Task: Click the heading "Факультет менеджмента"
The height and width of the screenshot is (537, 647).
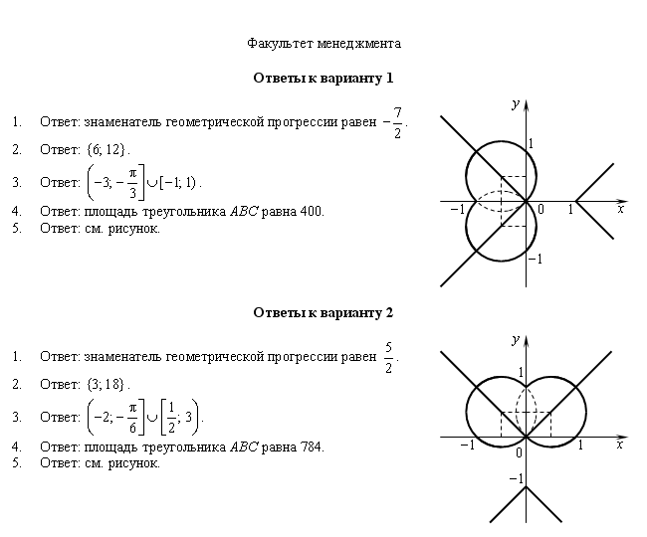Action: click(x=323, y=44)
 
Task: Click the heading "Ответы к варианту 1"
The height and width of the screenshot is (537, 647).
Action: click(x=323, y=78)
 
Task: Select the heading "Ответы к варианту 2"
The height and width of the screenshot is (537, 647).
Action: click(x=323, y=313)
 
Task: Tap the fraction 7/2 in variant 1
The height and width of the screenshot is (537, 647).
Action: click(x=397, y=122)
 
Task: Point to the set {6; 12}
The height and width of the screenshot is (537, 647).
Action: click(x=106, y=149)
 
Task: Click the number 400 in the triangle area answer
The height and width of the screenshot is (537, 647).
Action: click(x=312, y=212)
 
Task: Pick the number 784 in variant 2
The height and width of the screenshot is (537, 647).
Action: click(x=312, y=447)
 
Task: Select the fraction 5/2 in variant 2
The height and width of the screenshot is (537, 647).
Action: click(x=388, y=357)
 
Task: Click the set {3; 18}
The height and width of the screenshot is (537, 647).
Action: click(x=106, y=384)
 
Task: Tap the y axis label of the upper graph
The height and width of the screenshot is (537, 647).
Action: click(x=516, y=103)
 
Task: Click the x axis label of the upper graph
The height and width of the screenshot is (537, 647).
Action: click(x=620, y=210)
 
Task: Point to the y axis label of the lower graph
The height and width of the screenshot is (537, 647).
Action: click(x=516, y=339)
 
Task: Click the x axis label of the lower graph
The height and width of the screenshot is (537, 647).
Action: click(x=620, y=445)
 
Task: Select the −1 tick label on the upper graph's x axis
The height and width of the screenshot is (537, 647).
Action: click(x=458, y=210)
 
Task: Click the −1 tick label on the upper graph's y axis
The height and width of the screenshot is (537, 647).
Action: click(x=536, y=259)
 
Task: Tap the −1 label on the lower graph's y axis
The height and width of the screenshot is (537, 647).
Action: click(x=517, y=478)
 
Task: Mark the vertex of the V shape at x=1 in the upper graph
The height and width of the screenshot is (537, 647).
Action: click(x=575, y=201)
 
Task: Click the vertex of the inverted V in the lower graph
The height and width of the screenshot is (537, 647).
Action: click(x=527, y=486)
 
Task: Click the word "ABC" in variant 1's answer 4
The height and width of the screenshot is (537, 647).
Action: click(x=244, y=212)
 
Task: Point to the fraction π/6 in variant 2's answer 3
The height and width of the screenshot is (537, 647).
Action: click(x=132, y=418)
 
